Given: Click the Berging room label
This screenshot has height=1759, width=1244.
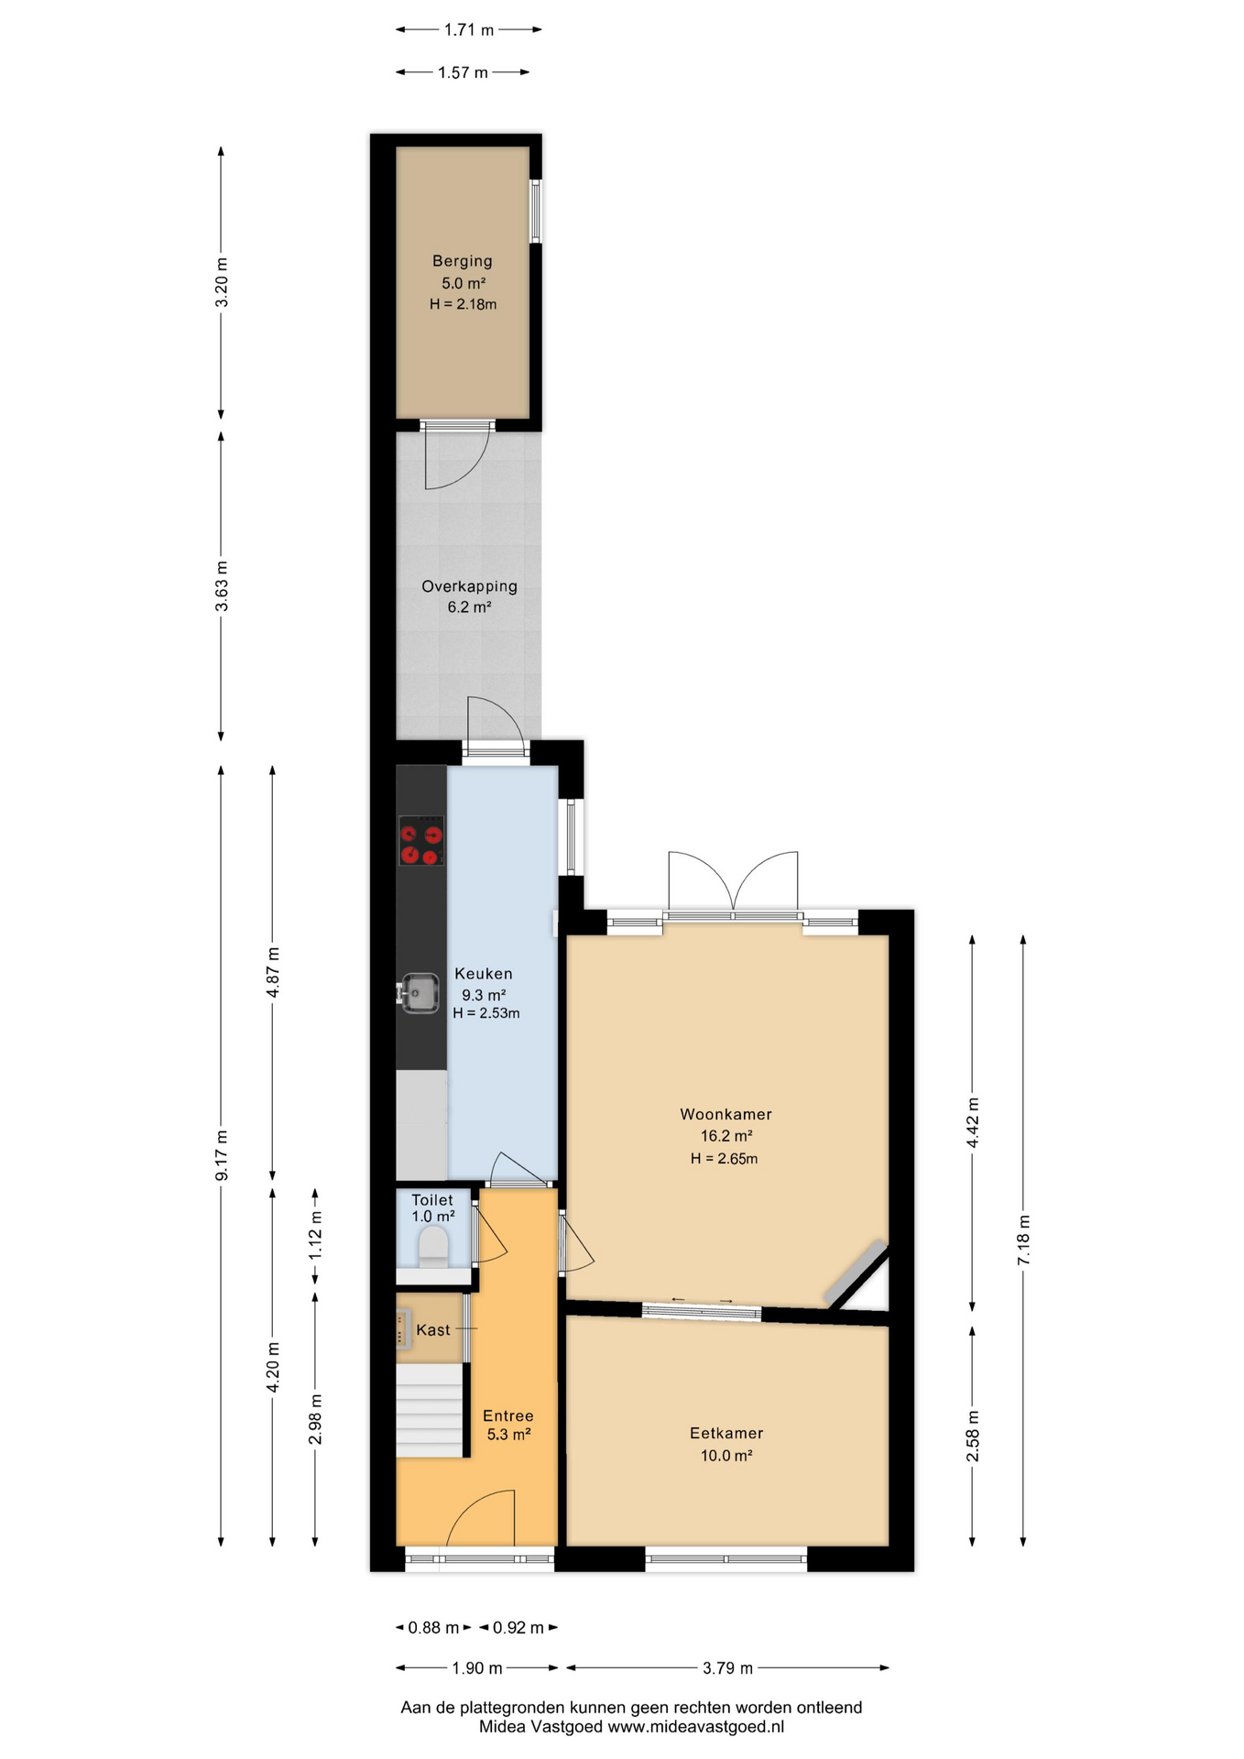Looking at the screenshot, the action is tap(463, 261).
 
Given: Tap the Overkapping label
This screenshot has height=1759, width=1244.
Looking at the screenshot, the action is tap(469, 586).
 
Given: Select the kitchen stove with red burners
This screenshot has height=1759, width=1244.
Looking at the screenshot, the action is tap(421, 841).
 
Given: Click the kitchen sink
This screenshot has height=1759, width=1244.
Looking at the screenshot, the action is tap(420, 993).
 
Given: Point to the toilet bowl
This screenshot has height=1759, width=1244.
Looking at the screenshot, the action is tap(433, 1247).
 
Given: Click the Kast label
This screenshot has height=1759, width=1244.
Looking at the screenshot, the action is tap(433, 1330).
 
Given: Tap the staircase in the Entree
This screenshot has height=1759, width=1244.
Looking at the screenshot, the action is tap(429, 1409).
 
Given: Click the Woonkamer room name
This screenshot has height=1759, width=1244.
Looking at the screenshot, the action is tap(726, 1114).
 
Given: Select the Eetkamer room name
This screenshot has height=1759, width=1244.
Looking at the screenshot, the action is tap(726, 1433).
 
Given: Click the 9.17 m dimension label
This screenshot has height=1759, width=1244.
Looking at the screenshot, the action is tap(222, 1155).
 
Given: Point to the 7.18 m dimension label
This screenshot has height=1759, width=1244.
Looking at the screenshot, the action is tap(1024, 1240).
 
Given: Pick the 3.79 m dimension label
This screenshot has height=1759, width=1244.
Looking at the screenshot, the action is tap(727, 1668).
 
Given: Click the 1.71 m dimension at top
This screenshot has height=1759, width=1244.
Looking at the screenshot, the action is tap(469, 30).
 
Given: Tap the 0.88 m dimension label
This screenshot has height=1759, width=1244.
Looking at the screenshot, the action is tap(433, 1628).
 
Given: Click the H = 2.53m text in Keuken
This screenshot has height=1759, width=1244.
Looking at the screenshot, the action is tap(486, 1013).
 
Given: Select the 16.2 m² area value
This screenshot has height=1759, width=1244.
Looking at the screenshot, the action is tap(726, 1136).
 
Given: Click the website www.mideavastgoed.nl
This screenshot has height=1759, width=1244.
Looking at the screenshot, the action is tap(696, 1727).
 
